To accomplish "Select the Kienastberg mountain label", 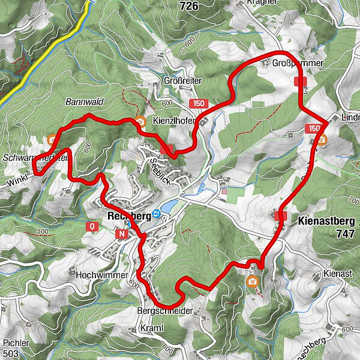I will click(327, 221).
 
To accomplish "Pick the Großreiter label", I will click(182, 80).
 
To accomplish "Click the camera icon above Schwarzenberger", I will click(53, 140).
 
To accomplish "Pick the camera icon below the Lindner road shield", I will click(322, 142).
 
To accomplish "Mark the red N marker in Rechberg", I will click(123, 233).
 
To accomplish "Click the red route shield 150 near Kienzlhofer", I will click(199, 104).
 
